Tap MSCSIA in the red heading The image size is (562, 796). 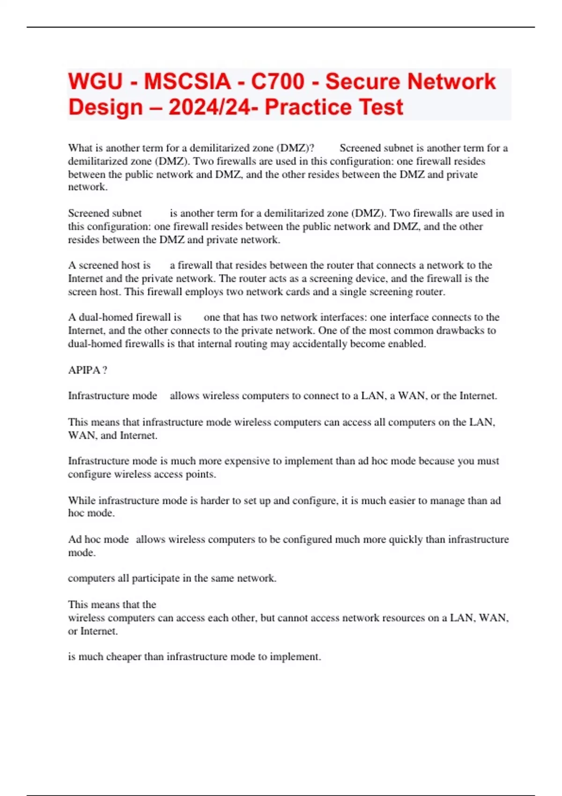[x=187, y=81]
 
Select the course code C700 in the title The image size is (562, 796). [x=278, y=81]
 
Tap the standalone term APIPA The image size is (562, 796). [x=84, y=370]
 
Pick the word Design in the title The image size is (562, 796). [x=105, y=107]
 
